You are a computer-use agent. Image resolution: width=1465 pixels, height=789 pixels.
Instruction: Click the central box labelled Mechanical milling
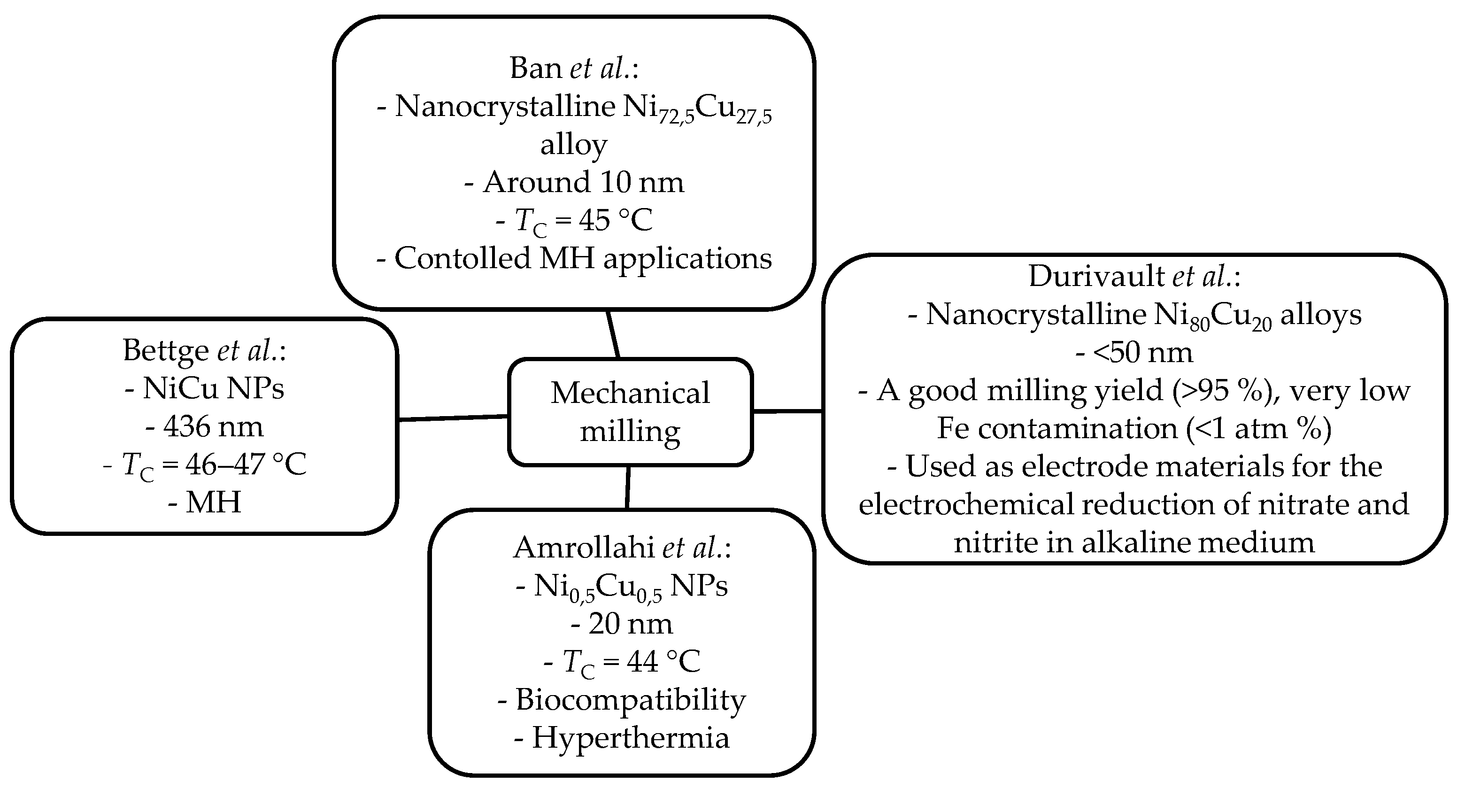(x=630, y=412)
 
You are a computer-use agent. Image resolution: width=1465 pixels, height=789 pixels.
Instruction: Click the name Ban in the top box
(x=536, y=68)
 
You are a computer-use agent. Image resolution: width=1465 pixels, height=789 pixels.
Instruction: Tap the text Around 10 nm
(x=583, y=183)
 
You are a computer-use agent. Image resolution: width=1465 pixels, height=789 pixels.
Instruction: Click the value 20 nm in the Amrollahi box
(x=630, y=624)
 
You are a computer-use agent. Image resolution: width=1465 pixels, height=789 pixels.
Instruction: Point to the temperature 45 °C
(x=615, y=220)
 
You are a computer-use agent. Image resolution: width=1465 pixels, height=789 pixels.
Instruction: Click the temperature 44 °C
(x=663, y=662)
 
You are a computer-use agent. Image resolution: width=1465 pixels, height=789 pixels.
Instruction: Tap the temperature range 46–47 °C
(x=246, y=465)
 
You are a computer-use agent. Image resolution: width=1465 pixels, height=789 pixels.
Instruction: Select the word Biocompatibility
(x=630, y=700)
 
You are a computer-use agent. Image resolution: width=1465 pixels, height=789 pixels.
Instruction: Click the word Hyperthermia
(x=630, y=738)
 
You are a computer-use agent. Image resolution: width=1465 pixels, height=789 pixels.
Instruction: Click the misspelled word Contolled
(x=463, y=258)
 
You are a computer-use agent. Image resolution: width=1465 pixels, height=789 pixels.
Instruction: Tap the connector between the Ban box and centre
(x=612, y=334)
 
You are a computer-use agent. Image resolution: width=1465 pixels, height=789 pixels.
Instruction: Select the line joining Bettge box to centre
(x=453, y=418)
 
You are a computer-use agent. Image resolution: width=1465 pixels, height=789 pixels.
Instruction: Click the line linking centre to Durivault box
(x=787, y=411)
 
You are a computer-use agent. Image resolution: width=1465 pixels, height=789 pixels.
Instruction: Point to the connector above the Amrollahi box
(x=627, y=487)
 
